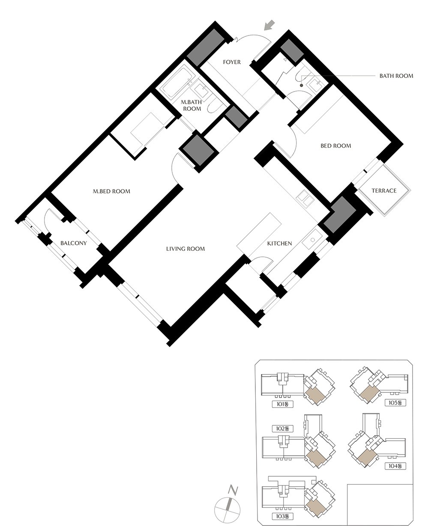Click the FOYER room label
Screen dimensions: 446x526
pos(231,62)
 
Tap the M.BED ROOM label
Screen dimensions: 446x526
pos(111,191)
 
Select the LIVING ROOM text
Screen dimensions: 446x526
pos(186,249)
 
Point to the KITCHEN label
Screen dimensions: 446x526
pos(279,244)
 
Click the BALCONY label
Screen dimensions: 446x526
pos(74,243)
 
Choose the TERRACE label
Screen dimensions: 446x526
pos(384,190)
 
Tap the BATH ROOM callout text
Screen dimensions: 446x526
pos(396,76)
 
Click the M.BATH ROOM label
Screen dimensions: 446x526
pos(191,105)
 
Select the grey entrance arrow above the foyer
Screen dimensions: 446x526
pos(269,25)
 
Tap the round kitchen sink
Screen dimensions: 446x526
pos(312,240)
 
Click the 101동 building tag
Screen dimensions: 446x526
pos(283,404)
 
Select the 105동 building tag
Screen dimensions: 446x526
pos(395,403)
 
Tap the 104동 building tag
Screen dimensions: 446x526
pos(395,466)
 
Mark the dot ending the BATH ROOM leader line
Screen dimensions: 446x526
pos(301,86)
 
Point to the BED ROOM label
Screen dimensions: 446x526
pos(336,146)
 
